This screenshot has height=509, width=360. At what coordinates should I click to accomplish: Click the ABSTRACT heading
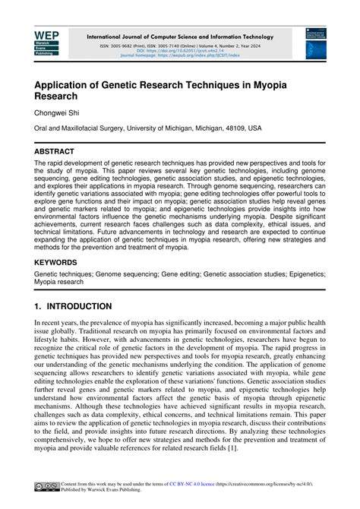click(x=59, y=151)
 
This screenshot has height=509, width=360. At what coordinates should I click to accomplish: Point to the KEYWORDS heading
click(x=61, y=262)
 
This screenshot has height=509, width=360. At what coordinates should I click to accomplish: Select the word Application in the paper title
click(x=69, y=83)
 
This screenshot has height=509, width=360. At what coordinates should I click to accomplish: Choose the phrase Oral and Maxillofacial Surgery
click(x=81, y=128)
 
